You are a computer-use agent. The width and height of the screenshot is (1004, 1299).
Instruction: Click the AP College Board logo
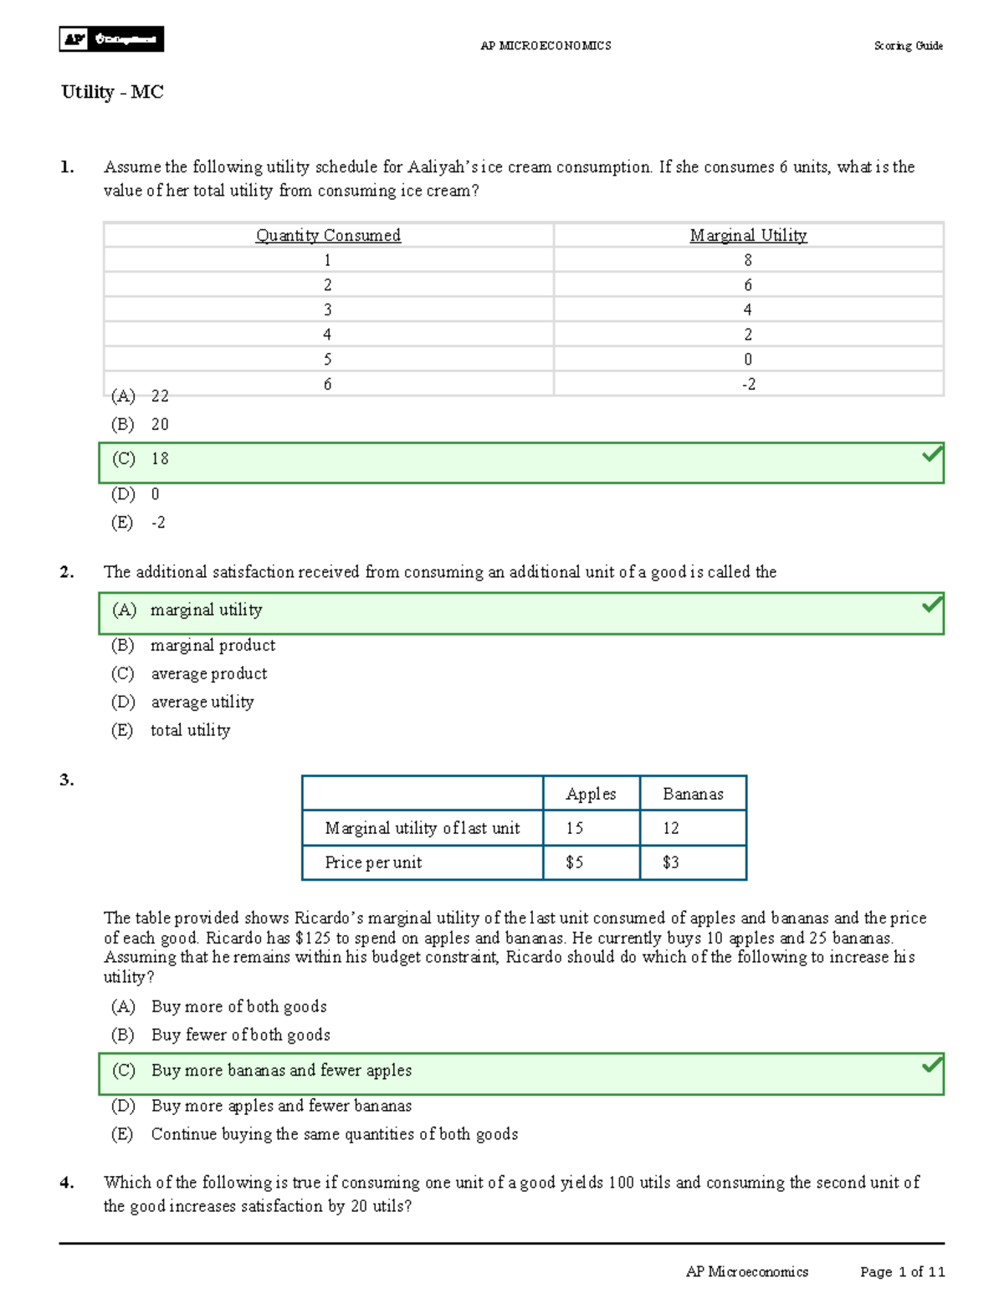tap(111, 39)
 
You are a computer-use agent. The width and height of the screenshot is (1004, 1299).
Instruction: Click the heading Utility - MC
tap(112, 92)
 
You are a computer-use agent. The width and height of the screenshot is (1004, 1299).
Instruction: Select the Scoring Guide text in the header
tap(908, 46)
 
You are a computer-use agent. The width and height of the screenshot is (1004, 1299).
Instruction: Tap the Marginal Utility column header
tap(748, 236)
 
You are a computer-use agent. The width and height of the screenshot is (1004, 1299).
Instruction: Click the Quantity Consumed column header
tap(328, 236)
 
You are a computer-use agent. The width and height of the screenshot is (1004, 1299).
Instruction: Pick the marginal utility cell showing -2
tap(748, 384)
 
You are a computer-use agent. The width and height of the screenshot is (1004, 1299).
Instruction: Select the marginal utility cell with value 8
tap(748, 260)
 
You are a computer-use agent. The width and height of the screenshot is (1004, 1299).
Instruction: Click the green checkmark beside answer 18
tap(931, 455)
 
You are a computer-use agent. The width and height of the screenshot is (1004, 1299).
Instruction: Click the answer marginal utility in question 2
tap(206, 611)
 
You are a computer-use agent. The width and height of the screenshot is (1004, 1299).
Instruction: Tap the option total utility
tap(190, 730)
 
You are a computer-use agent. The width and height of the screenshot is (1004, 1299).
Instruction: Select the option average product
tap(208, 674)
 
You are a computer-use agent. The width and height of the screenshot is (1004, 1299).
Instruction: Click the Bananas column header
tap(693, 794)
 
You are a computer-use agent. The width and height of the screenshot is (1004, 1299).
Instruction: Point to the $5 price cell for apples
tap(575, 862)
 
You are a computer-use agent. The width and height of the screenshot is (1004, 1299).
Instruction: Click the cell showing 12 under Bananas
tap(671, 828)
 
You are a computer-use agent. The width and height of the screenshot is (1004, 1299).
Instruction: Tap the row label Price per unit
tap(373, 862)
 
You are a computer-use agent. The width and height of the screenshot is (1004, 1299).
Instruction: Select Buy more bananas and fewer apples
tap(281, 1071)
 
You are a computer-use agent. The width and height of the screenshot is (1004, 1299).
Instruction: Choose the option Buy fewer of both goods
tap(240, 1036)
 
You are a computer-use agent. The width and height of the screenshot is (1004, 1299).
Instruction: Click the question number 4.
tap(67, 1183)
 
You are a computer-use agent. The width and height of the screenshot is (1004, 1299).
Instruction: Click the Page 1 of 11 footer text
tap(902, 1272)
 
